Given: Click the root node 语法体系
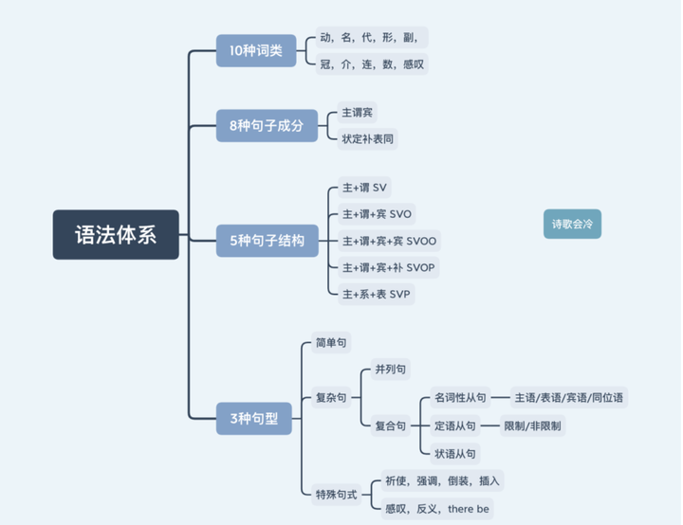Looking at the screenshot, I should pos(116,234).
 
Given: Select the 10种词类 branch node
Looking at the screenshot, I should pos(255,50).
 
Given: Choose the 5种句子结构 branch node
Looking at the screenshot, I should pos(267,241).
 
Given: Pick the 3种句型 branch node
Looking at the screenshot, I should pos(253,418).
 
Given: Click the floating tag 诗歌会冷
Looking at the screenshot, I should pos(572,224).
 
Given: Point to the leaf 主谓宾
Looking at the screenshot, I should pos(357,113).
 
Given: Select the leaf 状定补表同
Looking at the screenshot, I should pos(367,138).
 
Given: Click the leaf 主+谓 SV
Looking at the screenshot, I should pos(365,187).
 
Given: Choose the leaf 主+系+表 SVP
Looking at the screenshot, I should pos(376,294).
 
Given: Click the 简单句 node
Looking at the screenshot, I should pos(332,343).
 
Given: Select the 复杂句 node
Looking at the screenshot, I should pos(332,398).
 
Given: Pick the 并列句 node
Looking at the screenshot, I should pos(391,370).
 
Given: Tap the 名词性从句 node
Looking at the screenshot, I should pos(459,398).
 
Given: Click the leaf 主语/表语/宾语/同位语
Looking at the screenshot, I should pos(569,398).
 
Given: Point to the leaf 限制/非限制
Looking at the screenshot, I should pos(532,425).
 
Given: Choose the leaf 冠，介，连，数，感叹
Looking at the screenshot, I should pos(373,64).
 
